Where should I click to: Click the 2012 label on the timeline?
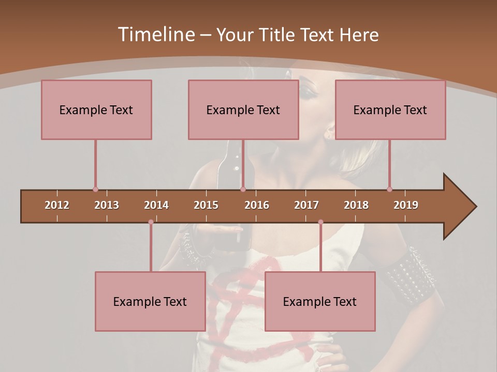(x=57, y=205)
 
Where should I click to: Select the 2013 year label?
(x=107, y=205)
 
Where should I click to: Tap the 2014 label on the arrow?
(x=156, y=205)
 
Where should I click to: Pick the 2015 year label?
(x=206, y=205)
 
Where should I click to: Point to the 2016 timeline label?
(x=257, y=205)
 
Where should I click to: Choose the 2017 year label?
(x=306, y=205)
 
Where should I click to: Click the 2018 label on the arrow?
(x=356, y=205)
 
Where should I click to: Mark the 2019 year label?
(x=406, y=205)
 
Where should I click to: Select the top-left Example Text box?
(x=96, y=110)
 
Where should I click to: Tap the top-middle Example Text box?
(x=243, y=110)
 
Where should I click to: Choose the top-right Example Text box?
(x=390, y=110)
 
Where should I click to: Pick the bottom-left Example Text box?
(x=150, y=301)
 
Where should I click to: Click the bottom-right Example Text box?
(x=320, y=301)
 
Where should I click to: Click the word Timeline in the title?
(x=155, y=35)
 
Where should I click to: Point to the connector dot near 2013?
(x=95, y=190)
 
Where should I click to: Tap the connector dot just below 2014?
(x=151, y=222)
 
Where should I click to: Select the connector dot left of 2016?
(x=243, y=190)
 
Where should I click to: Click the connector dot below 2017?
(x=320, y=222)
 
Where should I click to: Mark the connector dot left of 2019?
(x=389, y=190)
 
